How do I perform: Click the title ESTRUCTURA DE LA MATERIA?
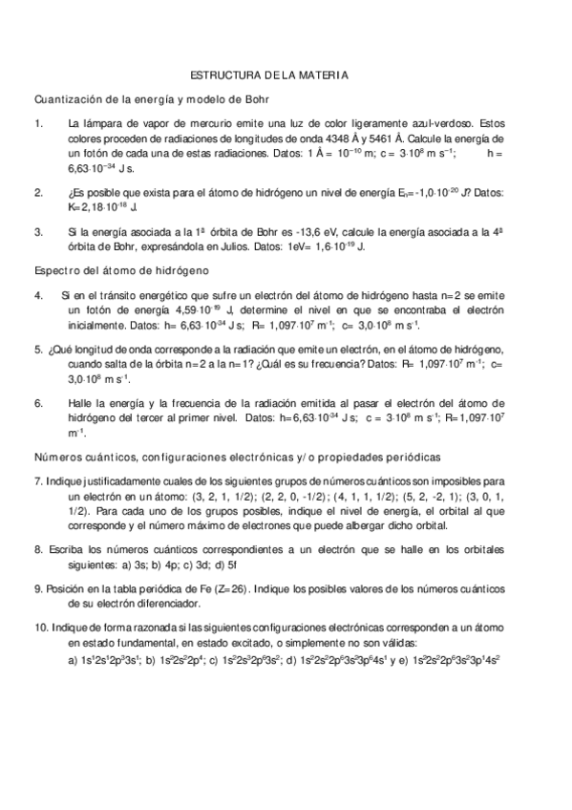point(270,74)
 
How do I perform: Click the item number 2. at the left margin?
point(38,192)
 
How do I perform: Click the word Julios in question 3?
point(239,245)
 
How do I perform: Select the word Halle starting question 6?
point(82,403)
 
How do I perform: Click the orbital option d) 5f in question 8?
point(229,564)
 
